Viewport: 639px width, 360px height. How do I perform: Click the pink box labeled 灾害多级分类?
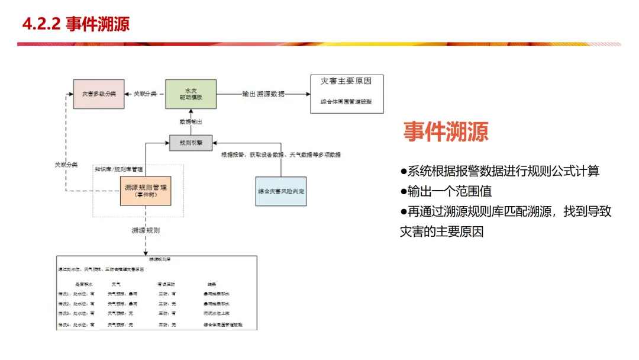(99, 94)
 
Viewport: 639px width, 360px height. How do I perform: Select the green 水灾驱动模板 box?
(191, 94)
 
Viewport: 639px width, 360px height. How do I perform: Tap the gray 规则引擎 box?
(191, 142)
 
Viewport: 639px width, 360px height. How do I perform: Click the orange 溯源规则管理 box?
(145, 190)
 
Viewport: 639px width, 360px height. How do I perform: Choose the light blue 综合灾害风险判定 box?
(281, 191)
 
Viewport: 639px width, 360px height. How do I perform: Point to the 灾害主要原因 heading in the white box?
(347, 81)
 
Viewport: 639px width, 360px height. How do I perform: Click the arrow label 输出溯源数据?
(263, 94)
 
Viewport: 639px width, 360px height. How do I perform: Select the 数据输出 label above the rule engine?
(191, 121)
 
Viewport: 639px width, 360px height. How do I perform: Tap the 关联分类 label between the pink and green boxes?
(145, 94)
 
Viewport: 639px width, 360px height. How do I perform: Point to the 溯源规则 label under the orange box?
(146, 230)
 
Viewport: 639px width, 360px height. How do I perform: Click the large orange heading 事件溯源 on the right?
(446, 131)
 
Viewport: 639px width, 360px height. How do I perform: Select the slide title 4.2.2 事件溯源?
(75, 24)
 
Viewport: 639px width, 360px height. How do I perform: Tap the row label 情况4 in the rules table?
(64, 324)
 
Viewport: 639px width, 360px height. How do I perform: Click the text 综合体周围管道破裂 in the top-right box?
(347, 101)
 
